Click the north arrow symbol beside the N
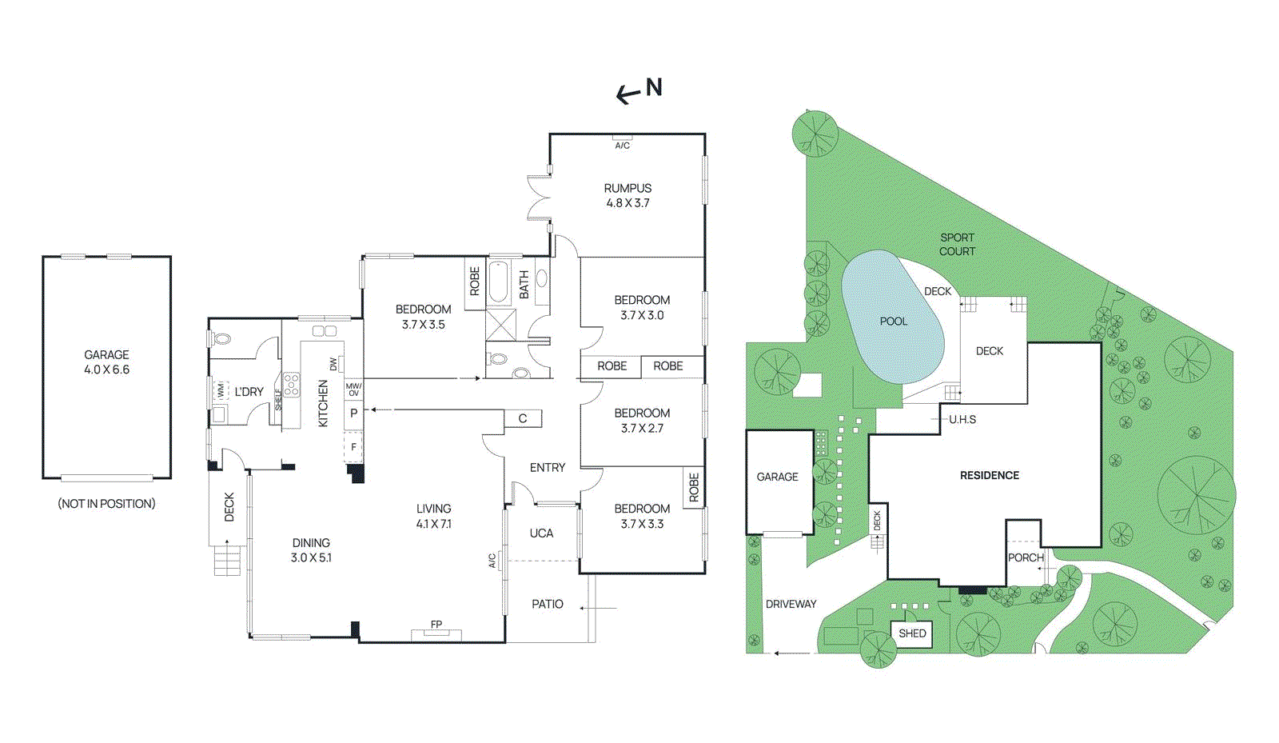(x=628, y=95)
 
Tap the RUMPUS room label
(x=628, y=188)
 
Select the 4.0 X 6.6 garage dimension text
(x=106, y=370)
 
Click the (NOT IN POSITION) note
(x=106, y=503)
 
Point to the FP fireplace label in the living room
(x=436, y=625)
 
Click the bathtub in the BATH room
(x=499, y=282)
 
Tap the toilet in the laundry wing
(x=221, y=339)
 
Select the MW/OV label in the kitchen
(x=353, y=389)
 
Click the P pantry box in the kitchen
(x=353, y=413)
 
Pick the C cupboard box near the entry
(x=523, y=418)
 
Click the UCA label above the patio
(x=541, y=533)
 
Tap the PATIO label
(x=548, y=604)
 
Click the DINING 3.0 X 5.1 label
(x=311, y=550)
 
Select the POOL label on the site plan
(x=893, y=322)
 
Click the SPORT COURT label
(x=957, y=244)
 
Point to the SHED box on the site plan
(x=912, y=633)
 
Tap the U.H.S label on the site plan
(x=962, y=419)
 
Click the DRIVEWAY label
(x=791, y=604)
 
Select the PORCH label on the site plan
(x=1026, y=557)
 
